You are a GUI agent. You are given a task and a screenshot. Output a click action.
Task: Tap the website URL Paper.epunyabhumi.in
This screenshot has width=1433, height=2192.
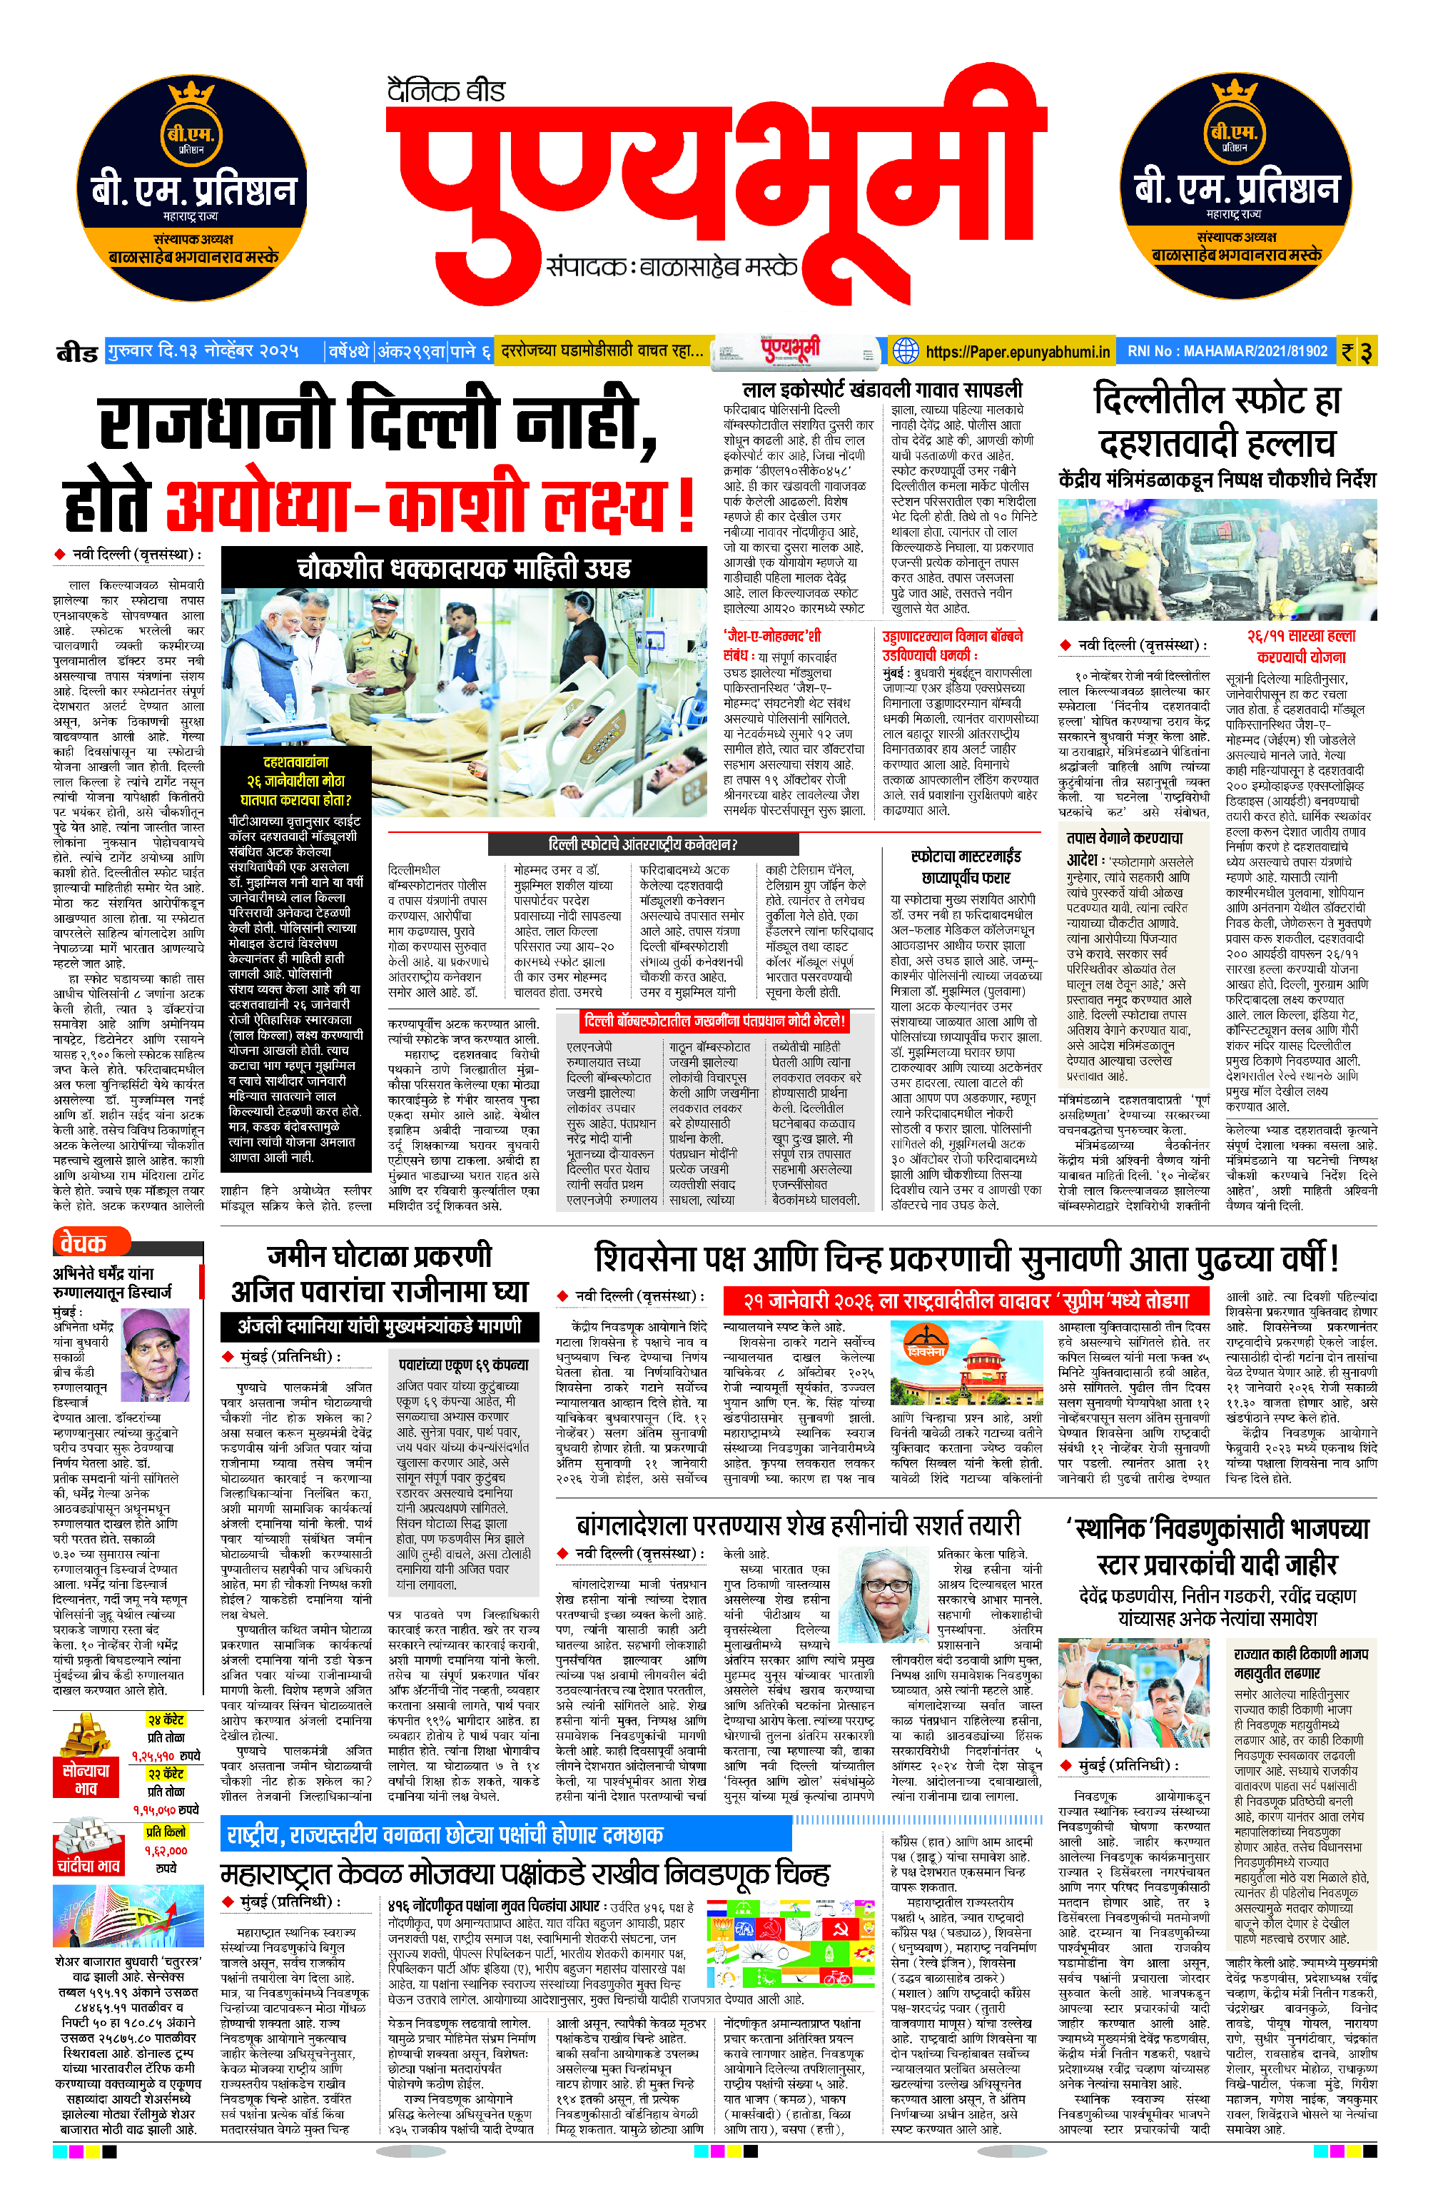tap(1017, 351)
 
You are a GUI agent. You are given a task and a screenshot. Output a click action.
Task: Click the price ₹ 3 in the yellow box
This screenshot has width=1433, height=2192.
tap(1357, 352)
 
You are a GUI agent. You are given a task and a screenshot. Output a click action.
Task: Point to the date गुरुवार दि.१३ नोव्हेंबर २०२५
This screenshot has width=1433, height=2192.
tap(203, 351)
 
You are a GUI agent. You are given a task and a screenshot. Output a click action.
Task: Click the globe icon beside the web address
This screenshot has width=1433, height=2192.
tap(906, 351)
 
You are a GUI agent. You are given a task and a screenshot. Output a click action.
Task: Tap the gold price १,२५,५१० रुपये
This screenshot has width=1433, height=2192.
tap(166, 1755)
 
